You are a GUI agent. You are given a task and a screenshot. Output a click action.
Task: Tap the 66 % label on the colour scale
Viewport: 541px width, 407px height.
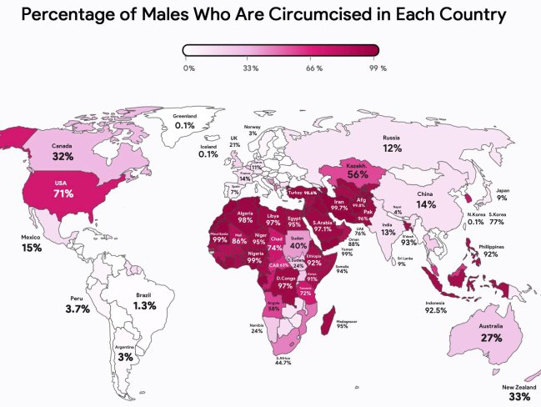tap(314, 68)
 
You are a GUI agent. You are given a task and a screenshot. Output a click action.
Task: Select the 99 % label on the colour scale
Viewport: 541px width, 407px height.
tap(378, 68)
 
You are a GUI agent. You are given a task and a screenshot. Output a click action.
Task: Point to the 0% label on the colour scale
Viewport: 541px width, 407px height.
tap(188, 68)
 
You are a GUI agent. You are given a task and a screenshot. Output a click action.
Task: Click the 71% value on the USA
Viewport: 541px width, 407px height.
tap(64, 193)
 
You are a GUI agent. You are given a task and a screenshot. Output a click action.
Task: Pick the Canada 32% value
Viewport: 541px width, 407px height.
tap(63, 155)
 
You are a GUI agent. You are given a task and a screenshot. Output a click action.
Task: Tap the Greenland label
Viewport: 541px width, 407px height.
tap(184, 116)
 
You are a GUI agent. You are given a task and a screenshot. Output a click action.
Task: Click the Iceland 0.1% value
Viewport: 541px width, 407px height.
tap(208, 154)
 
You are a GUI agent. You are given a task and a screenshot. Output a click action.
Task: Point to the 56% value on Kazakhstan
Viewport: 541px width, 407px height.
tap(358, 175)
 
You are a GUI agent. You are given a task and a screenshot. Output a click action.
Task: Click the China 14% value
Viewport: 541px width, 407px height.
tap(426, 203)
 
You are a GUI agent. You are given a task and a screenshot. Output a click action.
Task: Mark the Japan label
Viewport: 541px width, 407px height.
tap(503, 189)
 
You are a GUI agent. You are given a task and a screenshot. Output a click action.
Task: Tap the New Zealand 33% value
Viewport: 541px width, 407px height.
tap(520, 397)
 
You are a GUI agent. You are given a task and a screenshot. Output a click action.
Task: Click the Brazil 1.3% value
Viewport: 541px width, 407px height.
tap(144, 306)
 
